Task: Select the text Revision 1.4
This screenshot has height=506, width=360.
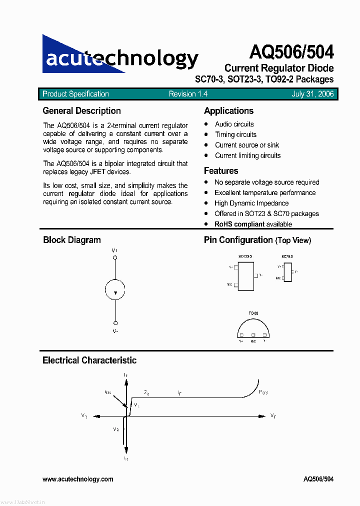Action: [x=188, y=94]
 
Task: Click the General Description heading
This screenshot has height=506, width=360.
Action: [x=82, y=111]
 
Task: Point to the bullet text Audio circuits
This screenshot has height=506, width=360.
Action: [x=234, y=124]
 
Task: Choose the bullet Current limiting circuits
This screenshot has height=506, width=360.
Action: [x=248, y=155]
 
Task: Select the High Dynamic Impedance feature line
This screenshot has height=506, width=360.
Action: [x=251, y=203]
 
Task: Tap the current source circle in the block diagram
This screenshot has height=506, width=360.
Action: [x=115, y=290]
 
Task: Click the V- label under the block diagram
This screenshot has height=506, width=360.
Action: [x=115, y=331]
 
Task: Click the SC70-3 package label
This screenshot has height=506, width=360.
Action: [x=287, y=256]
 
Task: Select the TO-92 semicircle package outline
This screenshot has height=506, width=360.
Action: [x=253, y=328]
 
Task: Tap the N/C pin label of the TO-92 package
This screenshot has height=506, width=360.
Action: [x=253, y=341]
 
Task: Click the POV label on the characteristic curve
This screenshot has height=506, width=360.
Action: [x=263, y=392]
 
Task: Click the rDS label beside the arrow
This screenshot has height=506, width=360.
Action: [x=108, y=392]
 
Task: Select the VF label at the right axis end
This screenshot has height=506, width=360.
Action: [x=273, y=415]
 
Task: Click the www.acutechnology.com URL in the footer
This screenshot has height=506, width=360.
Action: [x=78, y=479]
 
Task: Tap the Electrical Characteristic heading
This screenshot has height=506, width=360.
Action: [x=89, y=360]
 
